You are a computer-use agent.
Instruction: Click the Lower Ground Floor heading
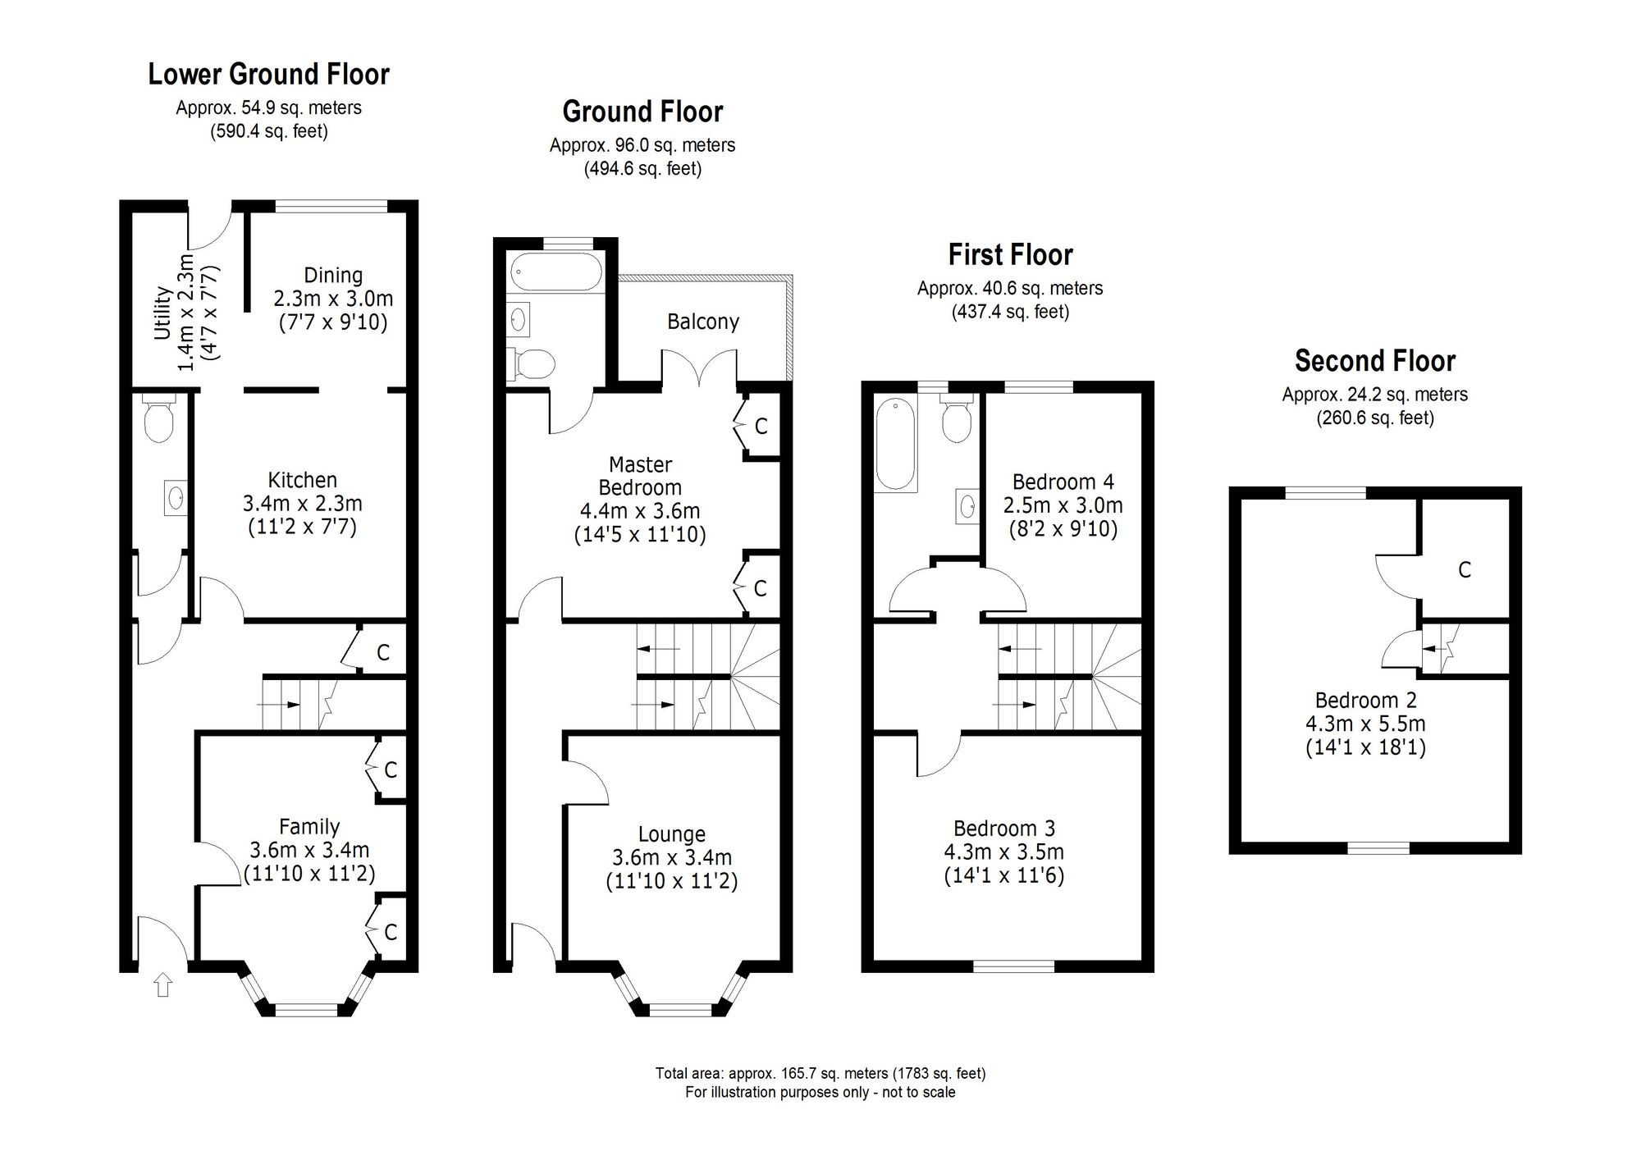pos(268,75)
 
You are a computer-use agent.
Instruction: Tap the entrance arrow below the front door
pos(163,984)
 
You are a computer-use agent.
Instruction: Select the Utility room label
pos(162,313)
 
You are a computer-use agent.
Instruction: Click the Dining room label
pos(333,276)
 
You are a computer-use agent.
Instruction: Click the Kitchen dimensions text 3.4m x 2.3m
pos(302,503)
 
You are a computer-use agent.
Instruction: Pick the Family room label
pos(309,827)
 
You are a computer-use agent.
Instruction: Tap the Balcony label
pos(703,322)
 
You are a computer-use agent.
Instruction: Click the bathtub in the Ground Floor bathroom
pos(556,272)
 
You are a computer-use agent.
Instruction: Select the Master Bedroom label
pos(640,477)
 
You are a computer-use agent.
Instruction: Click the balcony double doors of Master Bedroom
pos(699,367)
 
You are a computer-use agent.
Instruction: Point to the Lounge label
pos(671,834)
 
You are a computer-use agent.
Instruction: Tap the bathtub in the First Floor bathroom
pos(896,444)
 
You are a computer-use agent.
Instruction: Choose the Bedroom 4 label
pos(1063,482)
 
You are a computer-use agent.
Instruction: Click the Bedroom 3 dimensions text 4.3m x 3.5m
pos(1003,852)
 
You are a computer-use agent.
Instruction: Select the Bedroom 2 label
pos(1365,701)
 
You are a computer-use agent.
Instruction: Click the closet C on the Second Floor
pos(1465,569)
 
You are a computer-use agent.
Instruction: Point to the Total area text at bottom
pos(820,1073)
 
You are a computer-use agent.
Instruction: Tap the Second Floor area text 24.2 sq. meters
pos(1375,395)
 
